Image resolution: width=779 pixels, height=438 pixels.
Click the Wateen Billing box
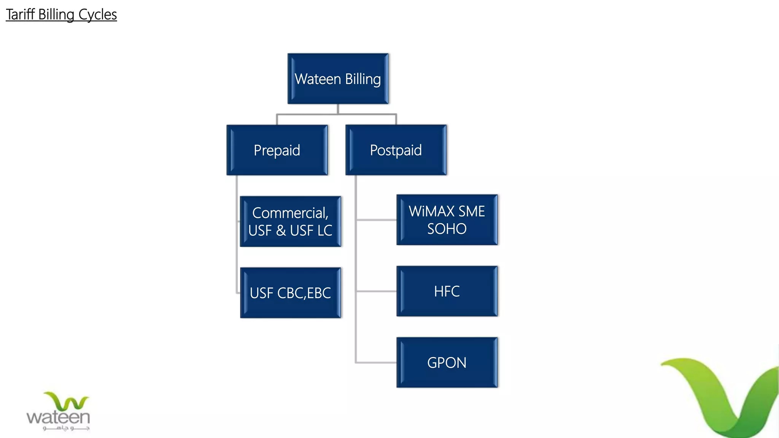(338, 79)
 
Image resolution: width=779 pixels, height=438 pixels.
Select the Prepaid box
(277, 150)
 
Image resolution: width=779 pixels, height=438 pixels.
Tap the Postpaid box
(396, 150)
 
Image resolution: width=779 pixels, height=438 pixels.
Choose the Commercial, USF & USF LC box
(290, 222)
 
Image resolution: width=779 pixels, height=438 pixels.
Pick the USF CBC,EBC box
(290, 293)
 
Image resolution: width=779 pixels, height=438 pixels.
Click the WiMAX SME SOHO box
(447, 220)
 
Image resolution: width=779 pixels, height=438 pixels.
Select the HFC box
(447, 291)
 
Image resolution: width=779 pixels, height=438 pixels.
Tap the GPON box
(447, 362)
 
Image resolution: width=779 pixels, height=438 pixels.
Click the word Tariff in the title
(20, 14)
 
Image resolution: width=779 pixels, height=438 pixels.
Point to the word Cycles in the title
(97, 14)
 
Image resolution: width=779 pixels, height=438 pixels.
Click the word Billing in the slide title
(56, 14)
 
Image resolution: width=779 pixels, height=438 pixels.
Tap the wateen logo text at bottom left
(58, 417)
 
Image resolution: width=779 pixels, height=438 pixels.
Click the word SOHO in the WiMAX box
(447, 229)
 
